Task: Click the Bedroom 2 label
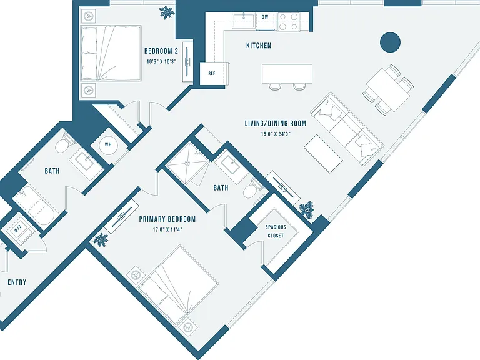[161, 51]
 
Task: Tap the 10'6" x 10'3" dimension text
[161, 61]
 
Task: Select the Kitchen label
[259, 46]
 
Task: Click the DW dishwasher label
[265, 17]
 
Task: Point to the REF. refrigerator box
[212, 74]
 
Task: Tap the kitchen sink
[243, 20]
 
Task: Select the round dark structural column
[390, 42]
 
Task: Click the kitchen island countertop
[287, 74]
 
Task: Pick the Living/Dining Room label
[276, 123]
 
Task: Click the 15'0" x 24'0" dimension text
[276, 134]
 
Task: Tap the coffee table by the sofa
[323, 154]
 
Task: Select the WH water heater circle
[108, 145]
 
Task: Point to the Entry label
[17, 282]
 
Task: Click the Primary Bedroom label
[167, 219]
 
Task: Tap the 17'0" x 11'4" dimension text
[167, 229]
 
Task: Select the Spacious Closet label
[276, 231]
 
